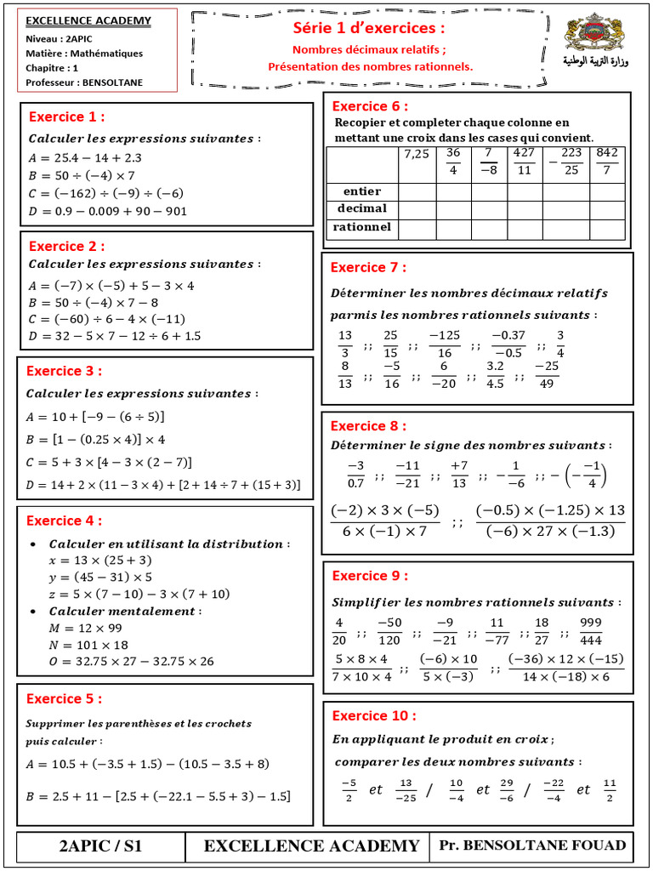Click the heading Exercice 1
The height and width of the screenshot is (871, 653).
pos(67,117)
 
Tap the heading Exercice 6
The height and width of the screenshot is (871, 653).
pos(370,106)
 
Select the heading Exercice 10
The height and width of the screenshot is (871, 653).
pos(374,715)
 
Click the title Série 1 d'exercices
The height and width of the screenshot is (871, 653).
pos(369,28)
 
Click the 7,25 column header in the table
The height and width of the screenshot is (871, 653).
pos(417,154)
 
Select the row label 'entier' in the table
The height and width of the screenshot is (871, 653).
pos(361,191)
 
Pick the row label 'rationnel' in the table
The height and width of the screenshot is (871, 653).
pos(362,227)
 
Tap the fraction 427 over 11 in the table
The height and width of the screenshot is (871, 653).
pos(523,161)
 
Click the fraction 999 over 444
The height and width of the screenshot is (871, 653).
pos(591,630)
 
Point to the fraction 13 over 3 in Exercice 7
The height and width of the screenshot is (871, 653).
pos(344,344)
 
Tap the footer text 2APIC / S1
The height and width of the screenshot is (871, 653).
pos(100,845)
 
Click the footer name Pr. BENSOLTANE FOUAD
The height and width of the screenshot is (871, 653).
pos(532,845)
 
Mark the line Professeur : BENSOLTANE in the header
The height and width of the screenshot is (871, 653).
pos(84,83)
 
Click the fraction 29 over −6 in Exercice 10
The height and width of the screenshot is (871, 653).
pos(506,790)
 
